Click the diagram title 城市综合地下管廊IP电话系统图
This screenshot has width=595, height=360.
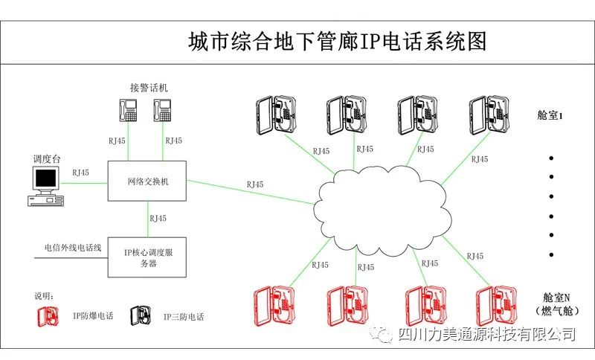[x=338, y=41]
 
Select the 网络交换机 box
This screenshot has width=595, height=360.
[x=148, y=181]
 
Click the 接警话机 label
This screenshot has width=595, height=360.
[x=148, y=87]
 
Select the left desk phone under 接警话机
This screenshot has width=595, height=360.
[x=128, y=110]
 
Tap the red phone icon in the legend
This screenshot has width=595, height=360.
[x=50, y=316]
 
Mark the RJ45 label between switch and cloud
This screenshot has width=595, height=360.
[x=257, y=184]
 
